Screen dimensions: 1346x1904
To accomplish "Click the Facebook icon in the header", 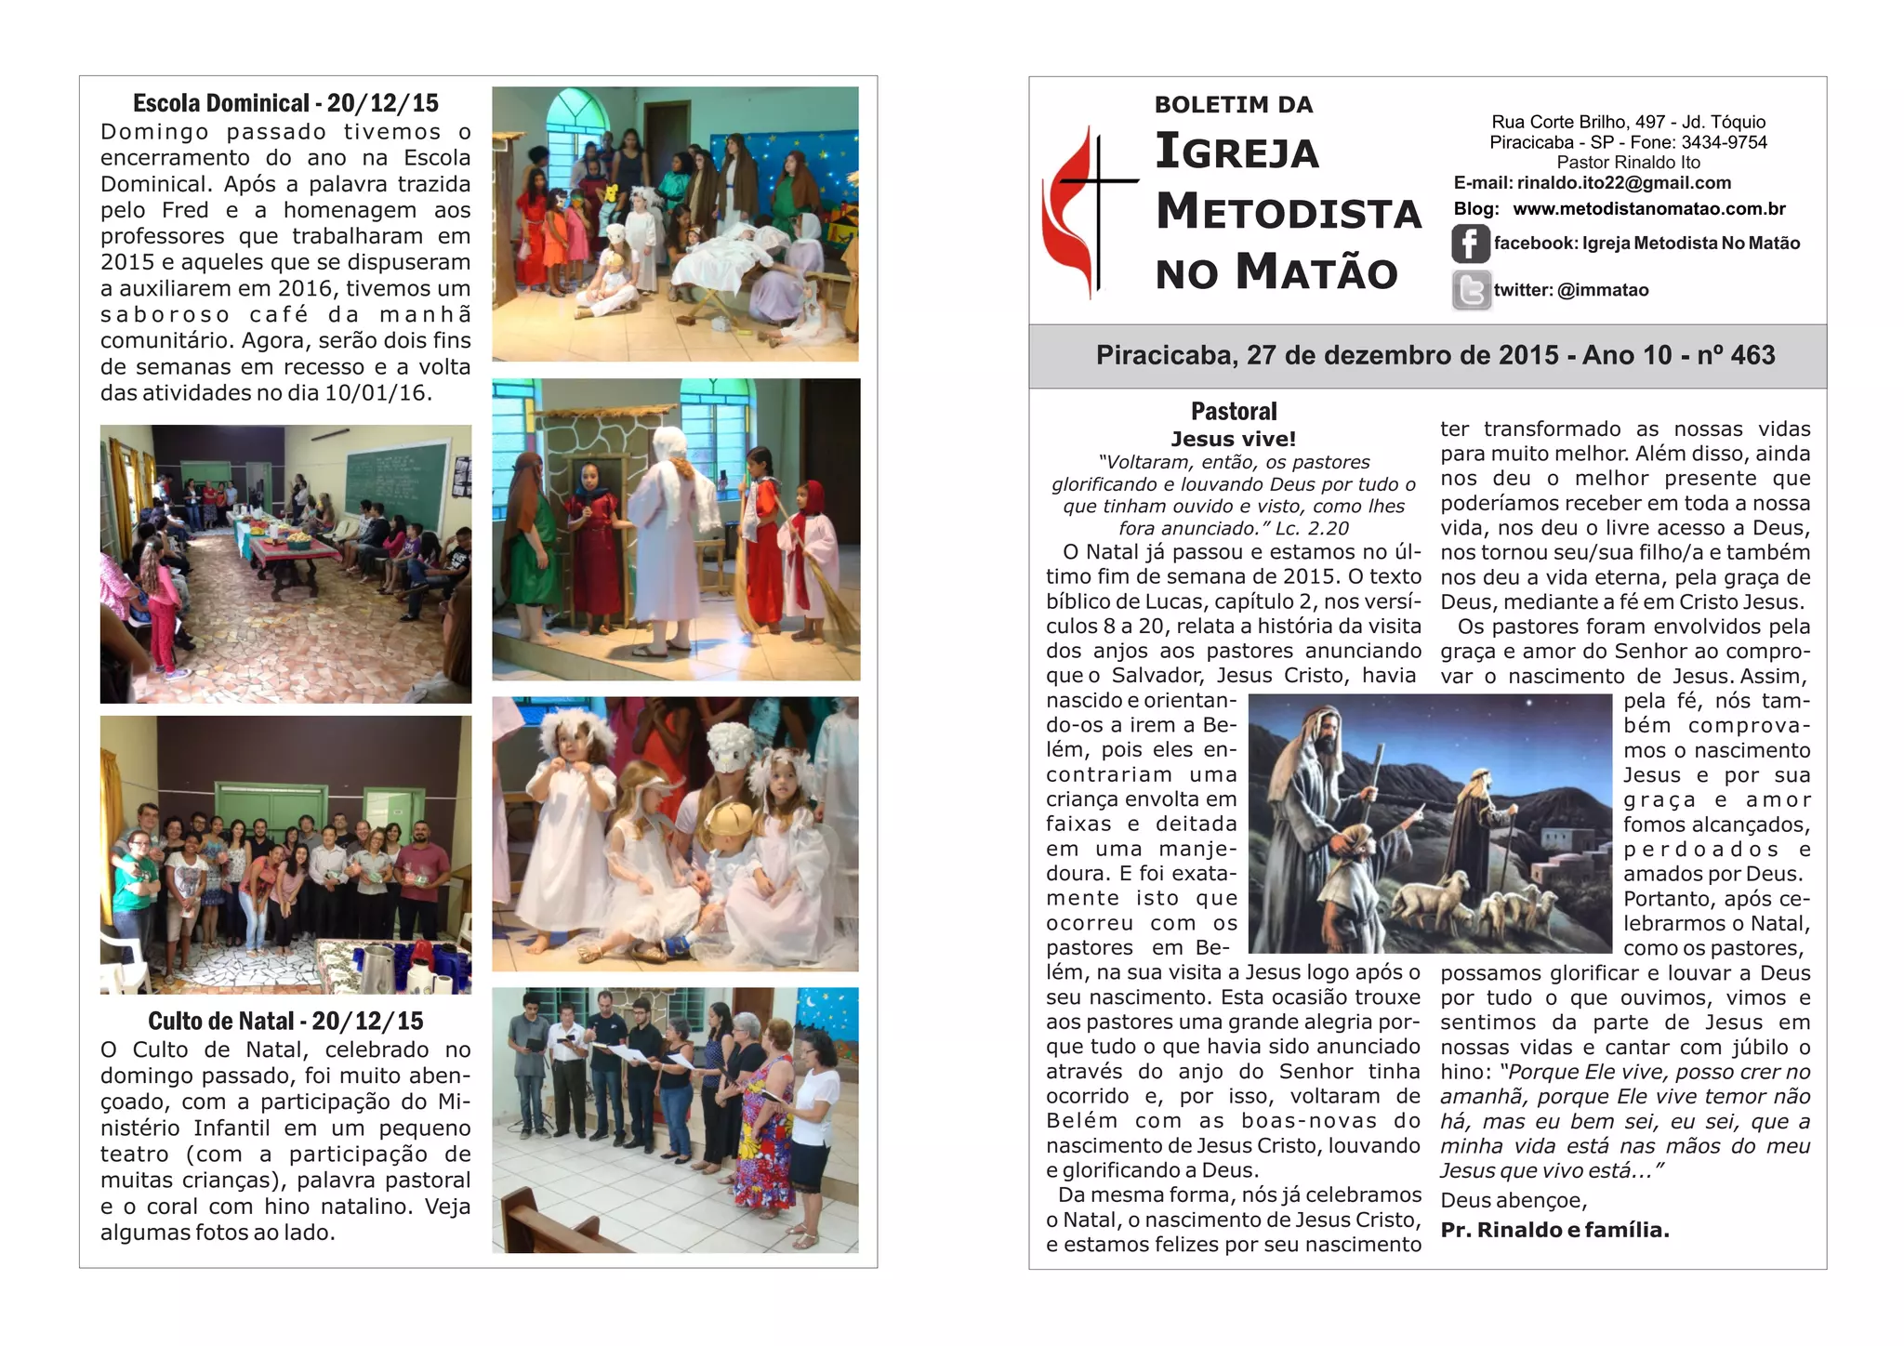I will (x=1470, y=244).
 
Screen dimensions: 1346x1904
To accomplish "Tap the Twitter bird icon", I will (x=1471, y=290).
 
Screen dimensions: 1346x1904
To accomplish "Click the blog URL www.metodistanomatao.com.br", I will (x=1648, y=209).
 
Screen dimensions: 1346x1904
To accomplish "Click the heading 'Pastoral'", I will (x=1234, y=411).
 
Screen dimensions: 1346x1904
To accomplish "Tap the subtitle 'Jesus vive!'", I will (x=1233, y=439).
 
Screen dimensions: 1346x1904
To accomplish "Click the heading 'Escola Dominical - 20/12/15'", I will (x=285, y=103).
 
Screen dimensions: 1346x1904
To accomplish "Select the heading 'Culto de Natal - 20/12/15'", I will (x=285, y=1021).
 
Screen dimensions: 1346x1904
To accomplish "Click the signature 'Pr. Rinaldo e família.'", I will (x=1554, y=1230).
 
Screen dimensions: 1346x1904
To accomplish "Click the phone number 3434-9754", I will (x=1724, y=142).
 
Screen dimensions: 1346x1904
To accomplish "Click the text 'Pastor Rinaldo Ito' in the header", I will (x=1628, y=163).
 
